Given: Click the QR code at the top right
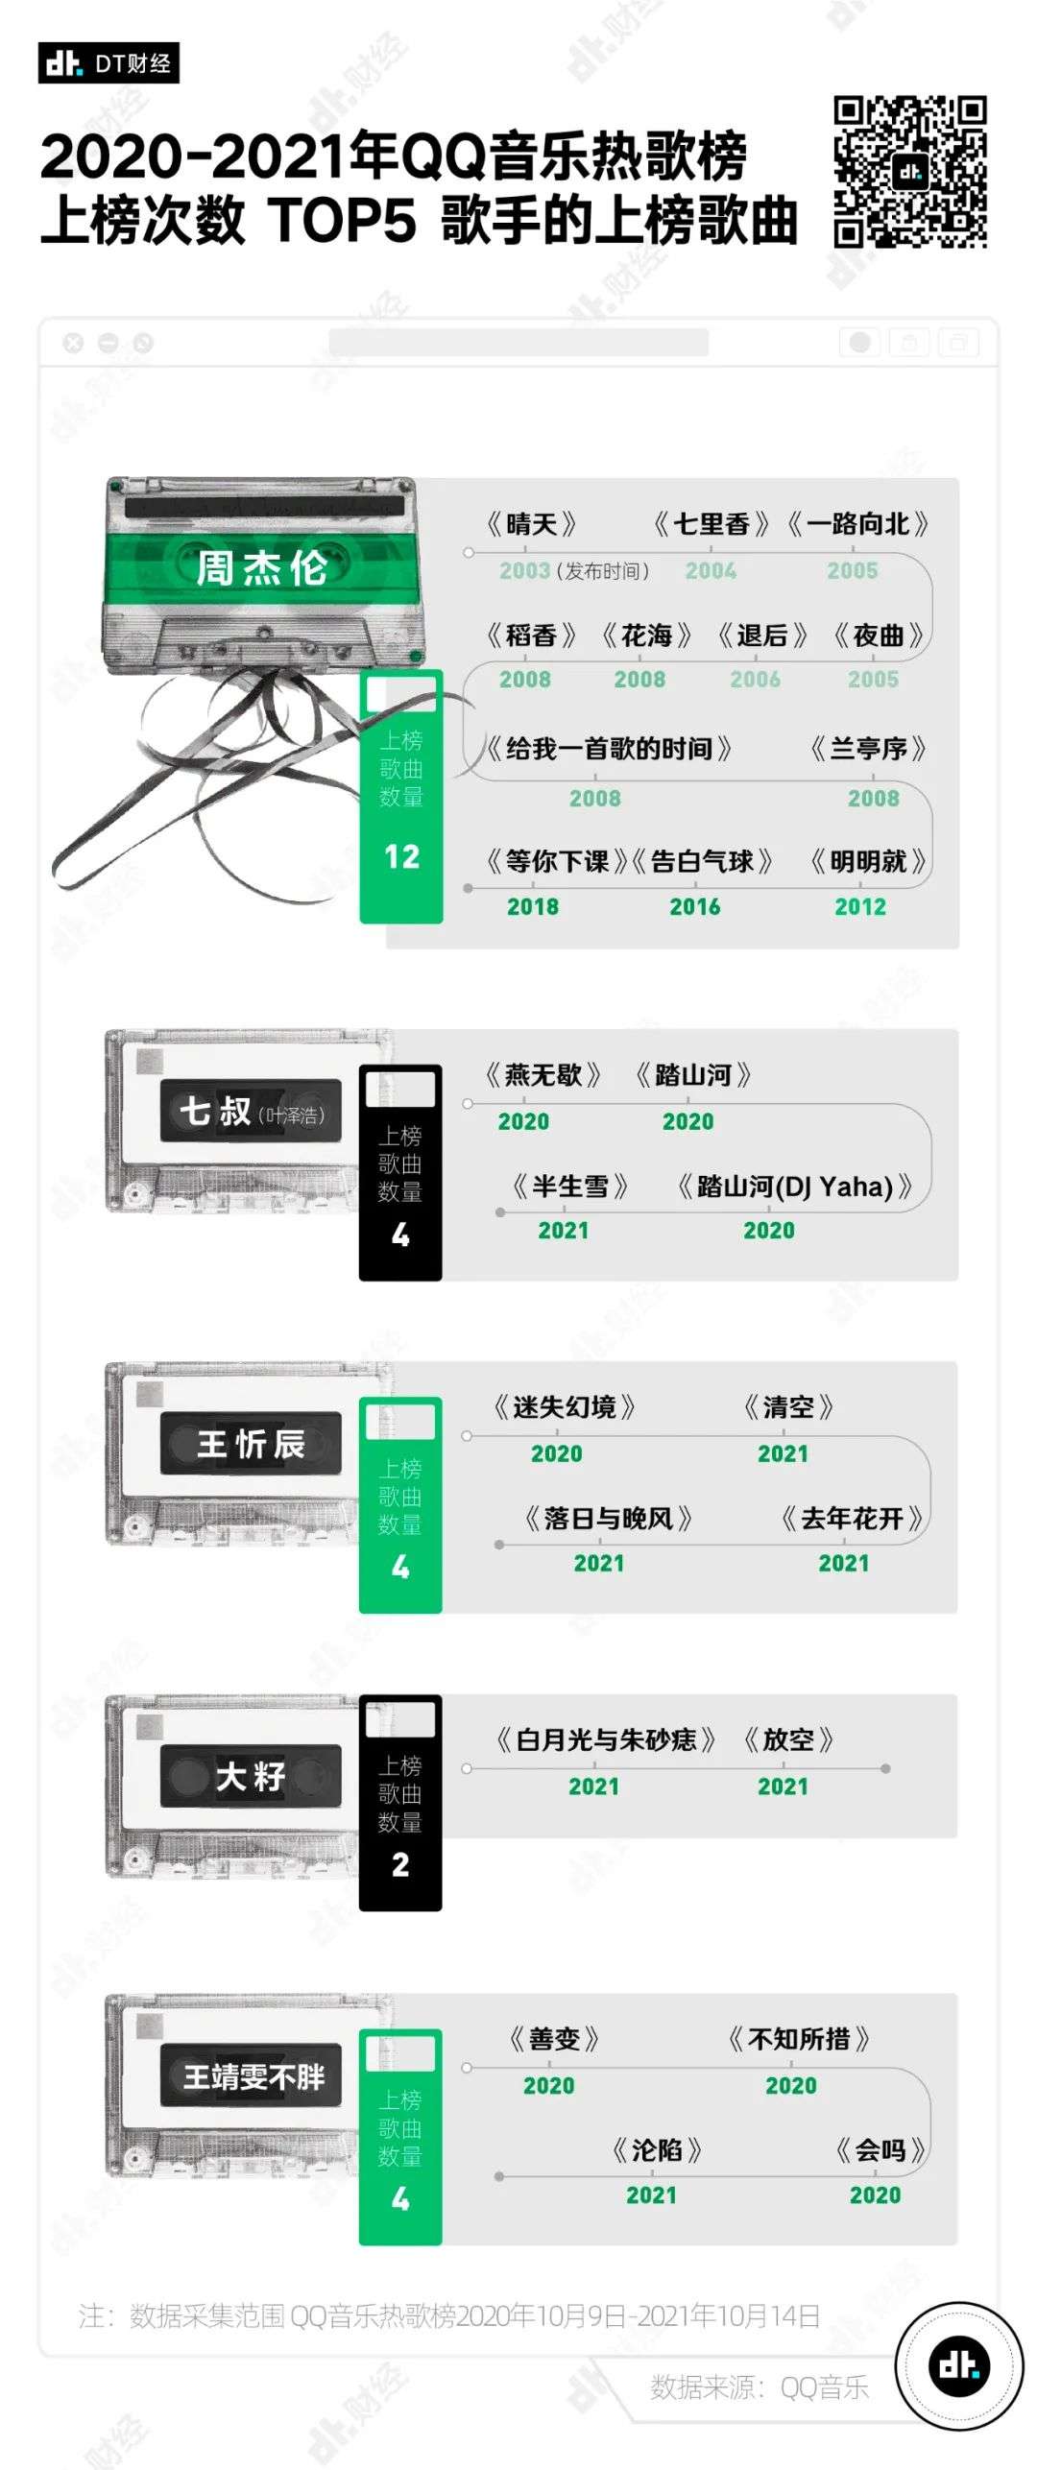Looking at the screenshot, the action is coord(910,172).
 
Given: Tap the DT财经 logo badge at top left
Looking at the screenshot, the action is coord(109,63).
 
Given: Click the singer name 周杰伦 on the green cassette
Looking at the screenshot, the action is coord(261,568).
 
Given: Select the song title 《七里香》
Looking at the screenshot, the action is coord(711,524).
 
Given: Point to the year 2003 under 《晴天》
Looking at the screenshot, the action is coord(524,571).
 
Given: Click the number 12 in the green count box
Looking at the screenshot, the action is coord(401,856).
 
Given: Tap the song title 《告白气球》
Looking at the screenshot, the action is coord(702,861).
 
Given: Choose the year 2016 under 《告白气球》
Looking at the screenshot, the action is coord(695,907).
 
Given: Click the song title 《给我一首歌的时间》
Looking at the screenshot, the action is coord(609,749).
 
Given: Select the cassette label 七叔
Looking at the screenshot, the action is coord(215,1111).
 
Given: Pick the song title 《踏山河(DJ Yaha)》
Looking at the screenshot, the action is coord(795,1187).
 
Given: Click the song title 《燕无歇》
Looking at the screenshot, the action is coord(543,1075).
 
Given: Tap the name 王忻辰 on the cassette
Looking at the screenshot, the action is coord(251,1444).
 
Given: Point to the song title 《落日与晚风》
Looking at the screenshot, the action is coord(609,1519).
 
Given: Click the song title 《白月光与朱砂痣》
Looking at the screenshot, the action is coord(606,1739).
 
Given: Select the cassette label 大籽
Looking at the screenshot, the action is coord(251,1776).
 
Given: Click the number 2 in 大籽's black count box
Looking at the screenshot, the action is coord(400,1864).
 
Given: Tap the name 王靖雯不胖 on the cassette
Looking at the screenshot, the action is coord(253,2077).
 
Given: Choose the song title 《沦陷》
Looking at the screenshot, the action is coord(657,2150).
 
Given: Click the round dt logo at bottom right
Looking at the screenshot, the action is coord(959,2366).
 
